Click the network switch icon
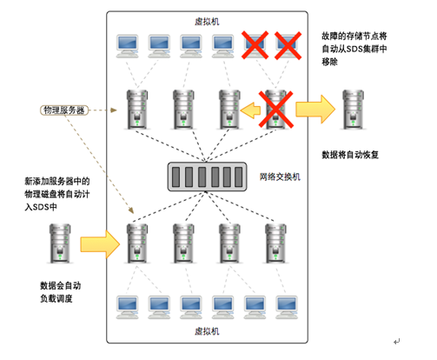tap(207, 177)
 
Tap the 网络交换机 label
tap(280, 177)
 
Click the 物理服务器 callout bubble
tap(64, 110)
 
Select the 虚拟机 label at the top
tap(207, 22)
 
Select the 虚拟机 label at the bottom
tap(207, 331)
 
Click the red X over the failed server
tap(275, 110)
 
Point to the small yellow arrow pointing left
tap(250, 110)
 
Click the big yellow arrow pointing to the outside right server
tap(315, 110)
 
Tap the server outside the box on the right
tap(353, 110)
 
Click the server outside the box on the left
tap(60, 243)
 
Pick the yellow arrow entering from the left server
tap(100, 244)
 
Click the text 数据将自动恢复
tap(350, 155)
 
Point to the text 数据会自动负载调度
tap(60, 292)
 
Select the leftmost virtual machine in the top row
tap(128, 46)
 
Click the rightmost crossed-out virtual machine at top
tap(288, 46)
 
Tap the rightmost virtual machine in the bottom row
tap(287, 307)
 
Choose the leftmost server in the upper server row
tap(137, 110)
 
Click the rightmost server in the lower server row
tap(275, 243)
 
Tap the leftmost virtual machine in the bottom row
tap(128, 307)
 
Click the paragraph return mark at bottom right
tap(397, 342)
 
